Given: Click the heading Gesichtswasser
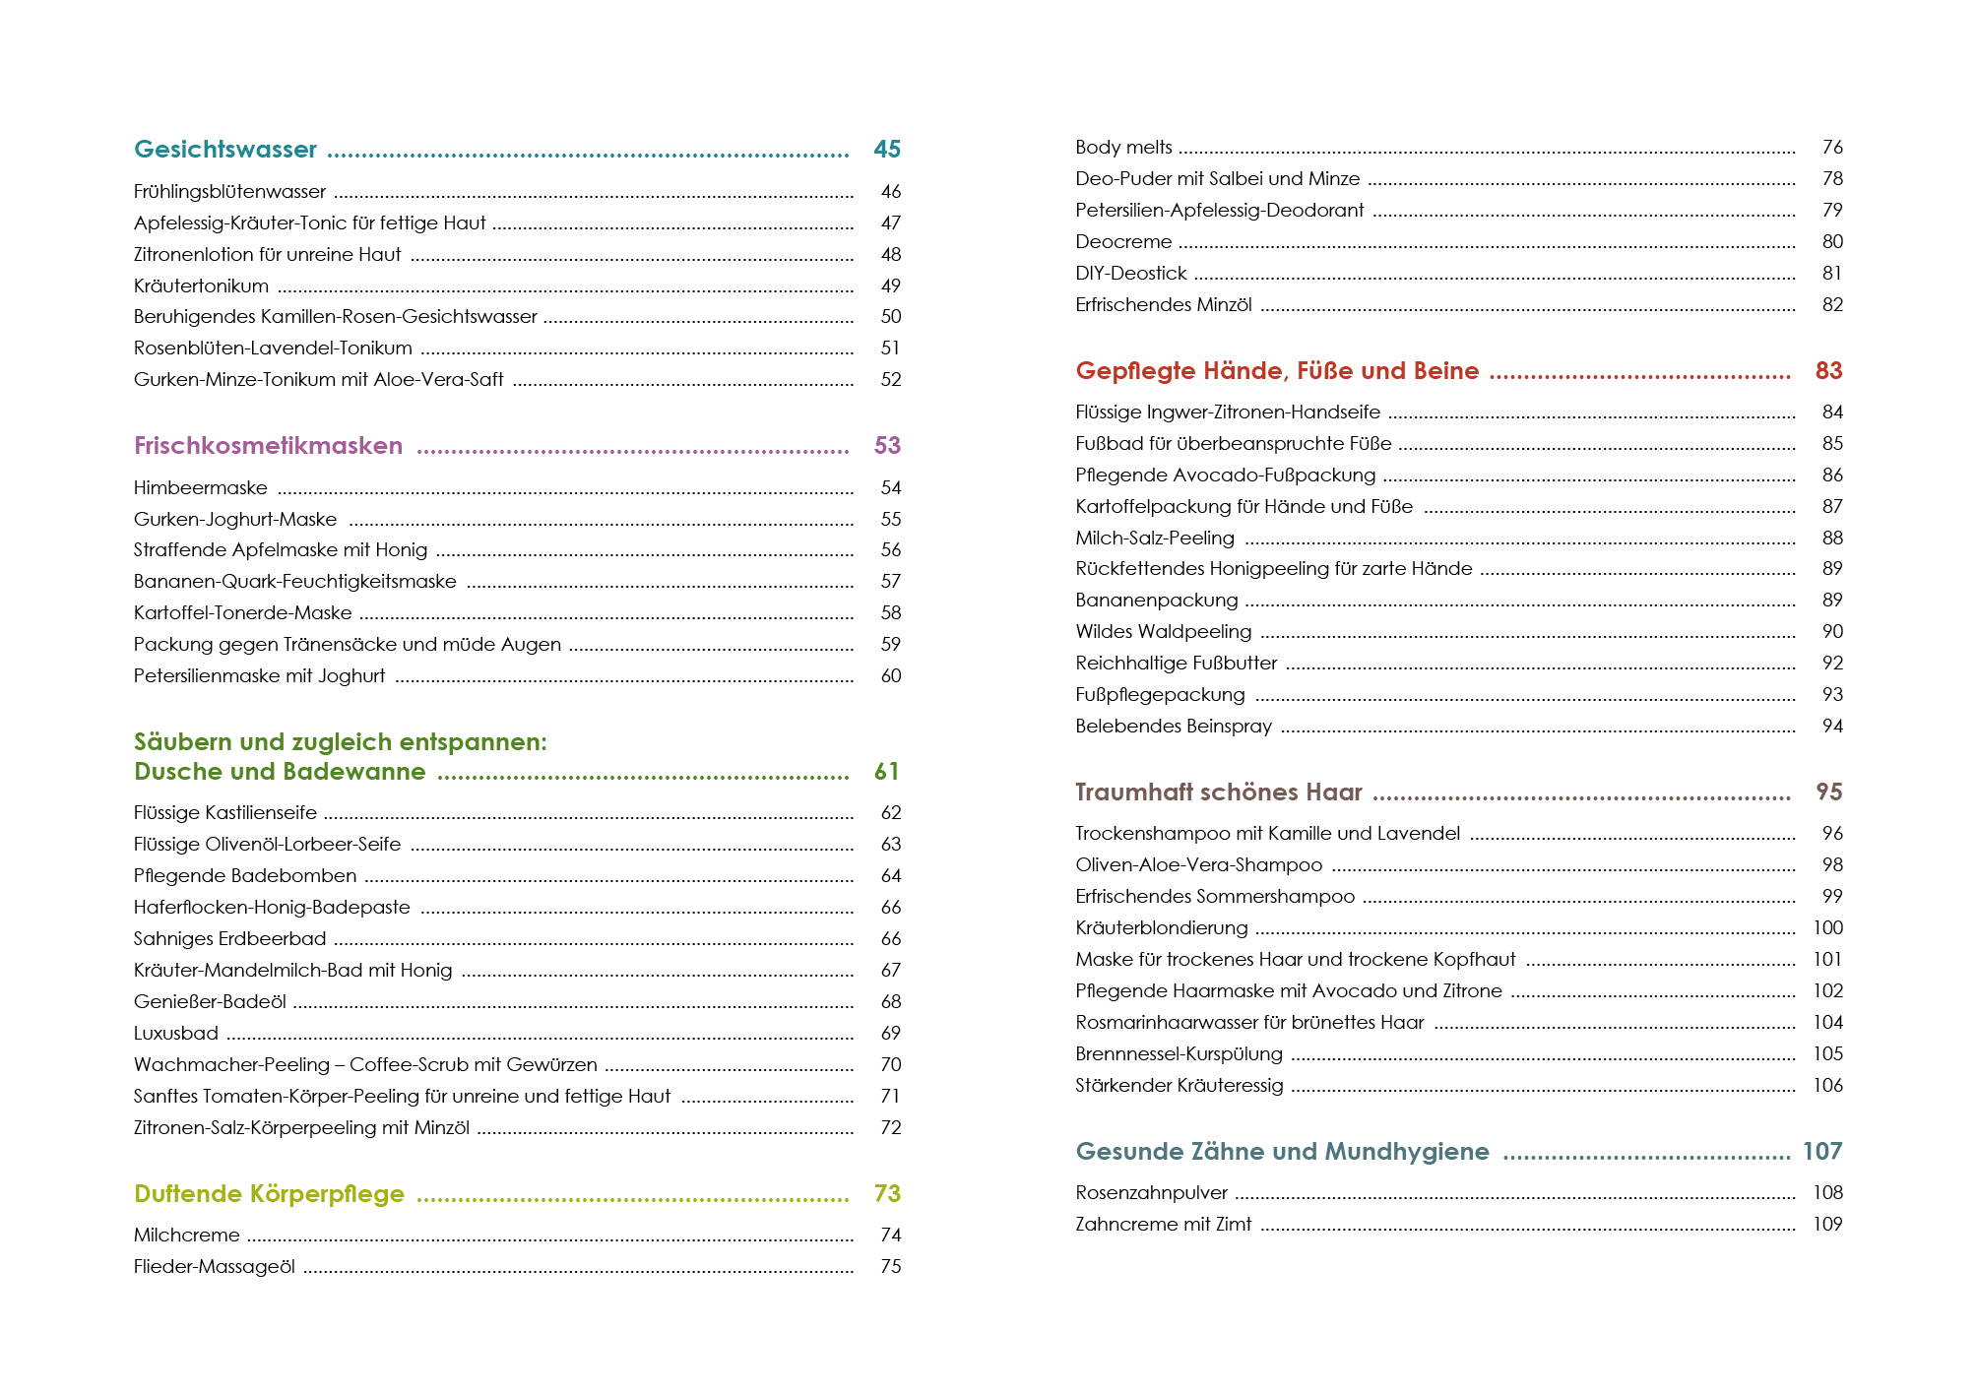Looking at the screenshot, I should tap(225, 150).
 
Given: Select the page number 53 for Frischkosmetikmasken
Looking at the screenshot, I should tap(887, 446).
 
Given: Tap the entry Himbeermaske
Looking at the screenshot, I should tap(201, 488).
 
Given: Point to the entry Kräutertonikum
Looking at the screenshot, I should tap(201, 286).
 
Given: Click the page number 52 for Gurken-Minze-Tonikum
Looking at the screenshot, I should tap(891, 380).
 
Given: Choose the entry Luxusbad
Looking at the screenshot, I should tap(176, 1034).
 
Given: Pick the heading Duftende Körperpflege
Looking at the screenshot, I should tap(269, 1194).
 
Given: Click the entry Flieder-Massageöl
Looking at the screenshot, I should tap(215, 1267).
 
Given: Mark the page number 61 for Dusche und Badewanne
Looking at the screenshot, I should tap(887, 772).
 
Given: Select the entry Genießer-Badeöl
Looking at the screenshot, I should tap(210, 1002).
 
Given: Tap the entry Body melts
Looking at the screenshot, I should tap(1123, 148).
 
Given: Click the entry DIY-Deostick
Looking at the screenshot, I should tap(1130, 274).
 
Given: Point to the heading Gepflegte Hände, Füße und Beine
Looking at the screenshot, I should tap(1277, 371).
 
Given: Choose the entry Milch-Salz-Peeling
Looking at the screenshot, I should tap(1155, 539).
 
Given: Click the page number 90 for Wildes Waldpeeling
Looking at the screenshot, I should tap(1832, 632).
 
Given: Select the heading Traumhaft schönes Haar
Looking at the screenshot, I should tap(1219, 793).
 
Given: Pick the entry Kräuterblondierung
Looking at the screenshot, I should tap(1162, 928).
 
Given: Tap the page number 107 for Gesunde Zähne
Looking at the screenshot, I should tap(1822, 1152).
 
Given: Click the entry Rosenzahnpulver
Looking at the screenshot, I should tap(1152, 1193).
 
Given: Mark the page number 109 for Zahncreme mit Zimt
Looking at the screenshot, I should tap(1827, 1225).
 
